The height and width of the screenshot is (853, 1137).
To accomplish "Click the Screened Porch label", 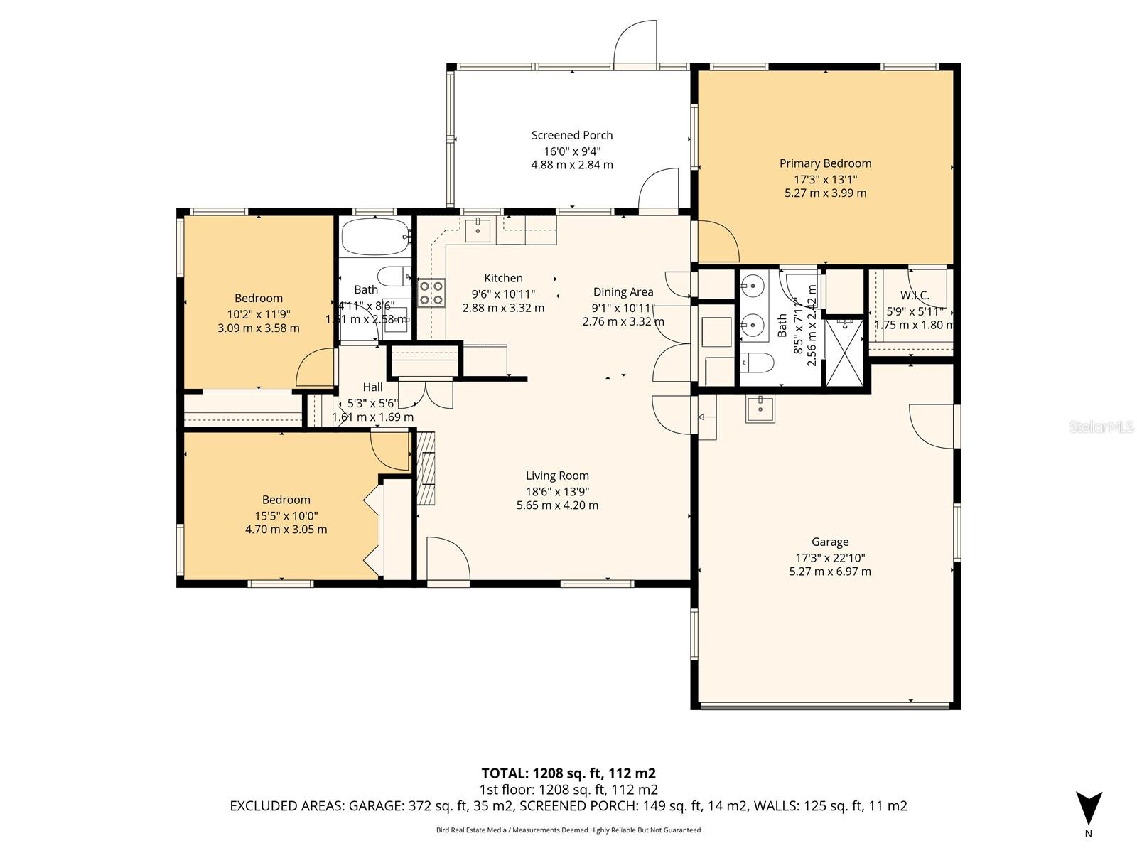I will click(571, 135).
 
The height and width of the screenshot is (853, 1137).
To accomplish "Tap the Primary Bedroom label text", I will click(825, 163).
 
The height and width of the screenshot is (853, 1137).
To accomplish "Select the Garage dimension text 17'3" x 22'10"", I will click(830, 558).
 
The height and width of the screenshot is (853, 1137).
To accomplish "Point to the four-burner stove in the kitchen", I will click(431, 292).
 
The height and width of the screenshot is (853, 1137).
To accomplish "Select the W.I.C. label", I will click(915, 296).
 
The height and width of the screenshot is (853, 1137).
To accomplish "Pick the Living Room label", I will click(557, 476).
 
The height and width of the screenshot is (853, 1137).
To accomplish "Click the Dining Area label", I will click(623, 291).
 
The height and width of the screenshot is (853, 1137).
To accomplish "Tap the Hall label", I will click(372, 387).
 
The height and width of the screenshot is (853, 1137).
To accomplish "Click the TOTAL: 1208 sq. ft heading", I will click(568, 773).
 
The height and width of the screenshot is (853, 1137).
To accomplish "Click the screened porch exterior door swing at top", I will click(635, 43).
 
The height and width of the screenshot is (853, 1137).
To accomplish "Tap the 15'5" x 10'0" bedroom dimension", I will click(286, 515).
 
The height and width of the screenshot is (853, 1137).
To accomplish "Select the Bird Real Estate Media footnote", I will click(568, 830).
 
